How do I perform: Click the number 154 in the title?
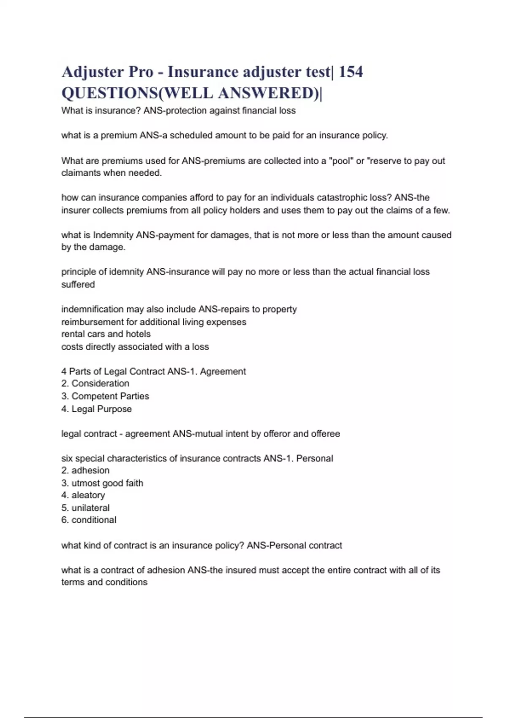coord(350,72)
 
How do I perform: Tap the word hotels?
coord(138,334)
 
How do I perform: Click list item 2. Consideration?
coord(95,383)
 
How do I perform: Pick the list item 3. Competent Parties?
coord(105,396)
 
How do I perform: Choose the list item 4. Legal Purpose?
coord(97,409)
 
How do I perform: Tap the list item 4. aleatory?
coord(83,495)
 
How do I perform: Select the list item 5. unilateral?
coord(85,508)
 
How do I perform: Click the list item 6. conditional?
coord(89,520)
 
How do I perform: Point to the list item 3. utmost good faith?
coord(102,483)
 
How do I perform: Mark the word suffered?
coord(78,284)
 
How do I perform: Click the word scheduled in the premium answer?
coord(191,136)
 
